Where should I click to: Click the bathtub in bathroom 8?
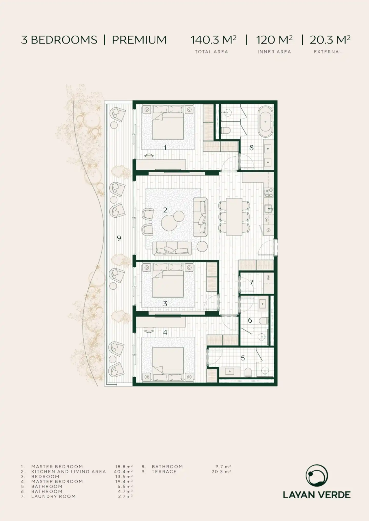coord(265,122)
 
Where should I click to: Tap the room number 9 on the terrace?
coord(119,238)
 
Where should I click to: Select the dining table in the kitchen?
coord(234,217)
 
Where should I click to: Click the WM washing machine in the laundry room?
coord(269,278)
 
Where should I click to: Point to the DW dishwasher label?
coord(267,219)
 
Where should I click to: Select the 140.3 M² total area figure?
coord(213,40)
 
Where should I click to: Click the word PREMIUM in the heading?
coord(139,40)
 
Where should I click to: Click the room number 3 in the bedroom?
coord(165,304)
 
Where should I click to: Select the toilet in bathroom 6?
coord(263,321)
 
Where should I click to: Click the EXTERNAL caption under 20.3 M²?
coord(328,52)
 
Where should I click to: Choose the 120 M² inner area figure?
coord(274,40)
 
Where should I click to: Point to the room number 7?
coord(251,282)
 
